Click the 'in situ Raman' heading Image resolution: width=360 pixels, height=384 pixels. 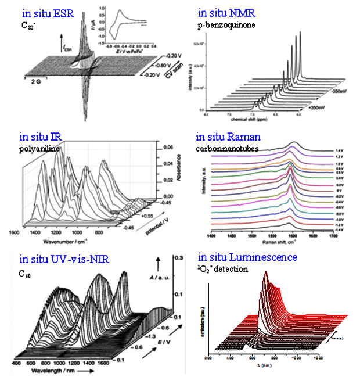click(x=228, y=138)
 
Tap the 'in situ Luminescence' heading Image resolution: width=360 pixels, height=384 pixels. click(x=248, y=257)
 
